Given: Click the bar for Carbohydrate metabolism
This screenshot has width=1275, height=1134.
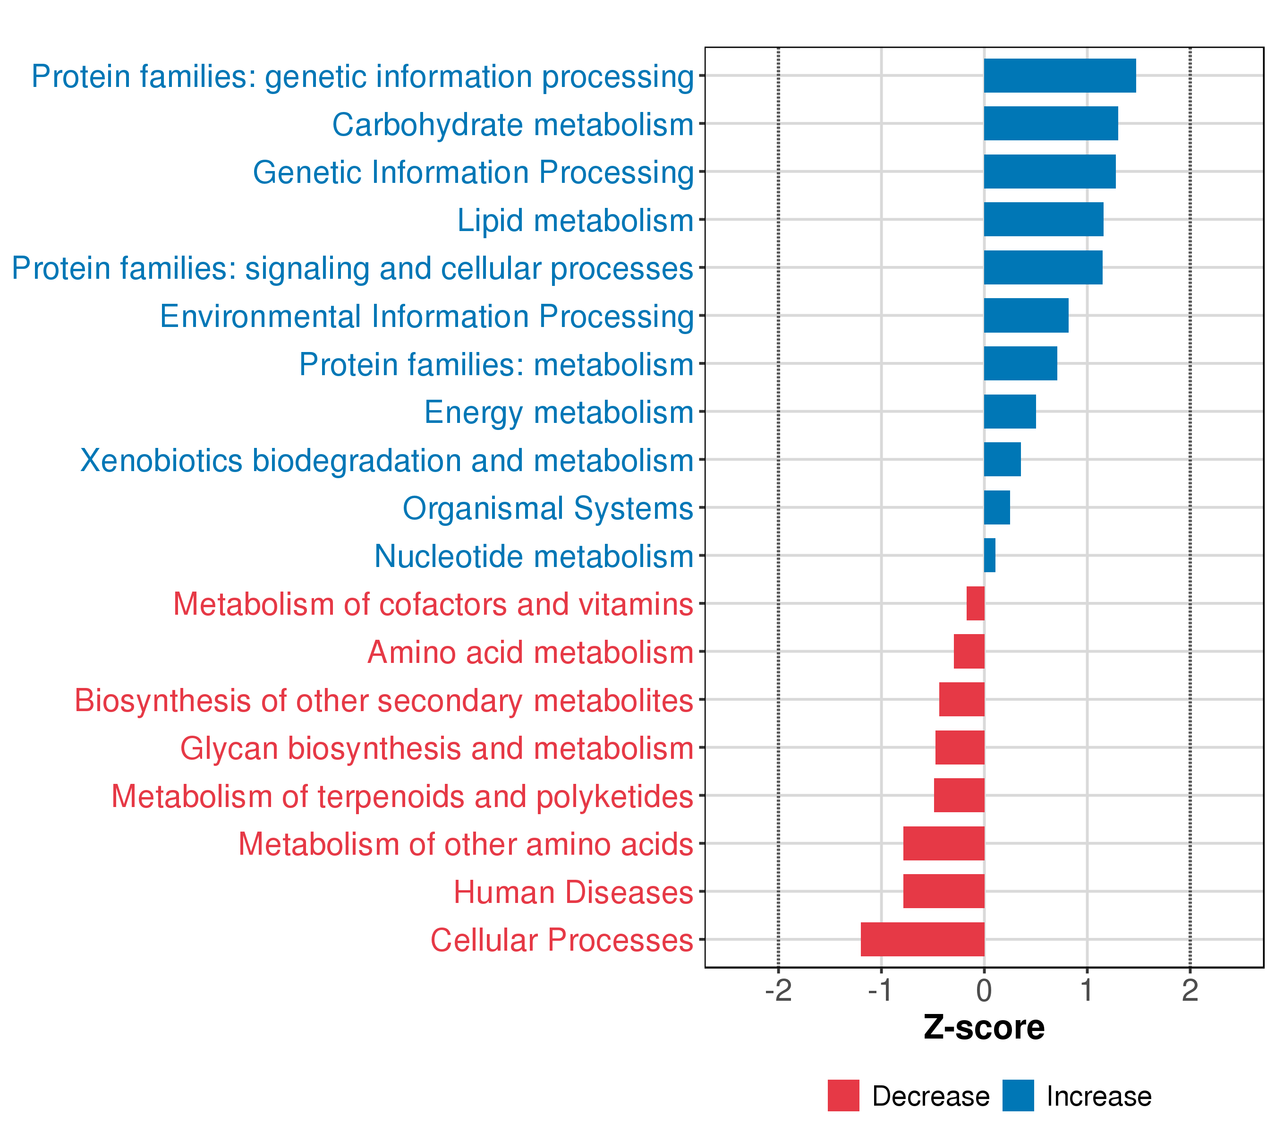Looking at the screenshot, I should tap(1050, 124).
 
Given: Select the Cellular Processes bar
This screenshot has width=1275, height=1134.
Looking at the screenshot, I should tap(923, 939).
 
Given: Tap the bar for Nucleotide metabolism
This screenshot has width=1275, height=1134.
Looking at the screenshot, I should tap(990, 556).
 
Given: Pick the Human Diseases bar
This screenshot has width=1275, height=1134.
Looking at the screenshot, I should tap(944, 891).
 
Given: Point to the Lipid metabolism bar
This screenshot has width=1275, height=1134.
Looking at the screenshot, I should tap(1044, 220).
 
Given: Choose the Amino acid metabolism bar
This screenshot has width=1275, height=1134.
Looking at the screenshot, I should tap(969, 652).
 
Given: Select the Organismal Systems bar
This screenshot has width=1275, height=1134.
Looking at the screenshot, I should tap(997, 507).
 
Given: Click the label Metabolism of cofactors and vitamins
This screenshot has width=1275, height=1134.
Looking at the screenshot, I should tap(433, 604).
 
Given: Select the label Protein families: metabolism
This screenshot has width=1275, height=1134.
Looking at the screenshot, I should tap(496, 364).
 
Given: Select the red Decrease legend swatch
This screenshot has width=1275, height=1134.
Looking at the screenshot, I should tap(843, 1096).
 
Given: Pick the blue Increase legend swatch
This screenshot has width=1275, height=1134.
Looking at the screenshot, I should tap(1018, 1096).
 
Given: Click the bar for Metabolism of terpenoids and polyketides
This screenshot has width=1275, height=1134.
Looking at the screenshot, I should tap(960, 795).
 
